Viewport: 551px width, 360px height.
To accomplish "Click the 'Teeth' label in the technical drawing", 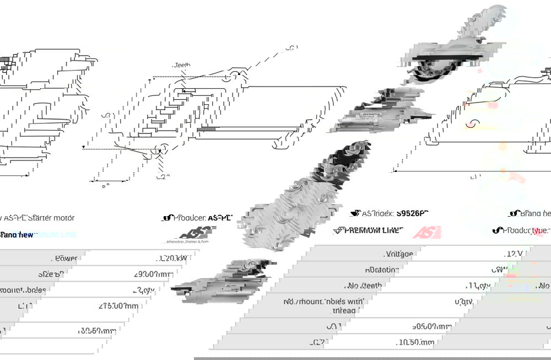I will pos(182,65).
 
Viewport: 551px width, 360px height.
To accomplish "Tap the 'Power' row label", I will pos(66,258).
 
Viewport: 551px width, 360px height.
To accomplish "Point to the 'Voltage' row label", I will pos(399,254).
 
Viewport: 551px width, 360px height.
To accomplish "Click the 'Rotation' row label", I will pos(397,270).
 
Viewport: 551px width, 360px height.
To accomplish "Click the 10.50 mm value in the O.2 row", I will pos(415,342).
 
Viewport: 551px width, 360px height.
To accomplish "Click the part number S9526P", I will pos(413,213).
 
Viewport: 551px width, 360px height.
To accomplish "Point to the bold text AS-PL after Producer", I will pos(220,218).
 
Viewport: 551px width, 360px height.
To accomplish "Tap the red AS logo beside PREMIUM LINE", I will pos(426,232).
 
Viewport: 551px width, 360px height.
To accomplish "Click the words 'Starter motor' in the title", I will pos(52,218).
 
